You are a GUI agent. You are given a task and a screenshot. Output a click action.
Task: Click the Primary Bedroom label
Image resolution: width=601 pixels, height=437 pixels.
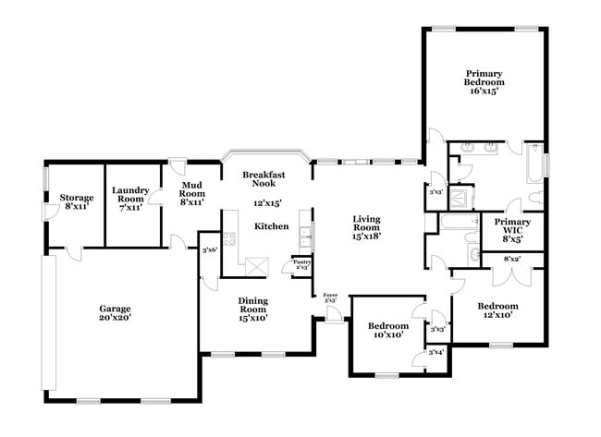(x=484, y=82)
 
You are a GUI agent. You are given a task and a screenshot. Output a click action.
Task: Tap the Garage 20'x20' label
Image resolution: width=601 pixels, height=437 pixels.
(x=116, y=313)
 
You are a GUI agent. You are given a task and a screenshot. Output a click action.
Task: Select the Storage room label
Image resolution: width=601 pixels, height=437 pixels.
(x=77, y=202)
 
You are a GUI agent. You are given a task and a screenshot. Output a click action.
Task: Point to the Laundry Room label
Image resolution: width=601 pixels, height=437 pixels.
(x=130, y=199)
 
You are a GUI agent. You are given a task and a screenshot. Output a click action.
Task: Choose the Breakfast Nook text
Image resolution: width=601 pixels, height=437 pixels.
(x=264, y=179)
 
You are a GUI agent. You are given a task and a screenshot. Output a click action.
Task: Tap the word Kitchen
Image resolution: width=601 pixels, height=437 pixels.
(x=271, y=226)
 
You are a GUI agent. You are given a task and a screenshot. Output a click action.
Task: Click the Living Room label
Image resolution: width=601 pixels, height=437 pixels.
(x=367, y=226)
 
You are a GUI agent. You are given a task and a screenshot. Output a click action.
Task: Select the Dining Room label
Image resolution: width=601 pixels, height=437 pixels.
(x=253, y=308)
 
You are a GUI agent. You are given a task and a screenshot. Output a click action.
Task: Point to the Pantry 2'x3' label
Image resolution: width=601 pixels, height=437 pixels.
(x=301, y=264)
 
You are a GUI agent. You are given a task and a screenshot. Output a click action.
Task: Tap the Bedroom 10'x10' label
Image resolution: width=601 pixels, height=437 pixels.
(x=387, y=330)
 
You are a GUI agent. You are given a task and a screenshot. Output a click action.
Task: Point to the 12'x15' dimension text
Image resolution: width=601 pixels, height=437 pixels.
(x=267, y=203)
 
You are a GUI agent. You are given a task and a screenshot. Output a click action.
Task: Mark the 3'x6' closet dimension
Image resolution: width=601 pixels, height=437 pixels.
(x=210, y=250)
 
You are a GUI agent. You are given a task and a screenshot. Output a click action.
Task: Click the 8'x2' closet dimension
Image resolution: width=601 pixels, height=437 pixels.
(x=511, y=258)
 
